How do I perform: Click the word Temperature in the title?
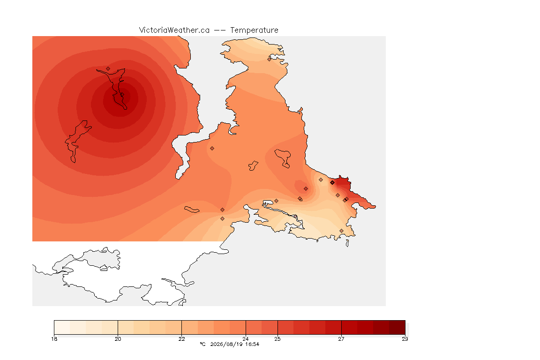tap(254, 30)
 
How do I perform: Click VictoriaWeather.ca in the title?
tap(174, 30)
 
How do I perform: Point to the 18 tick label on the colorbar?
tap(54, 339)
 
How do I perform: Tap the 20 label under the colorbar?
tap(118, 339)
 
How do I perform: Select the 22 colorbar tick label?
tap(181, 339)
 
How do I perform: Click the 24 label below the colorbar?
tap(246, 339)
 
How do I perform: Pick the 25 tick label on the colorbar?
tap(277, 339)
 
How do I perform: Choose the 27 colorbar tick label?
tap(341, 339)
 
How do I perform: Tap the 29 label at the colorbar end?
tap(405, 339)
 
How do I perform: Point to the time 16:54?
tap(252, 344)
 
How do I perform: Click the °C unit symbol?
tap(203, 344)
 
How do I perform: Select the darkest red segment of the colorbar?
tap(397, 327)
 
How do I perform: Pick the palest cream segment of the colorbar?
tap(62, 327)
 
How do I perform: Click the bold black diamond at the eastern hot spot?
tap(332, 183)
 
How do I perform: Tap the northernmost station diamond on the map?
tap(270, 59)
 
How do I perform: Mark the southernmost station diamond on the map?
tap(341, 231)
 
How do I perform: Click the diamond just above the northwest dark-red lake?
tap(108, 68)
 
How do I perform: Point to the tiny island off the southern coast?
tap(347, 243)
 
